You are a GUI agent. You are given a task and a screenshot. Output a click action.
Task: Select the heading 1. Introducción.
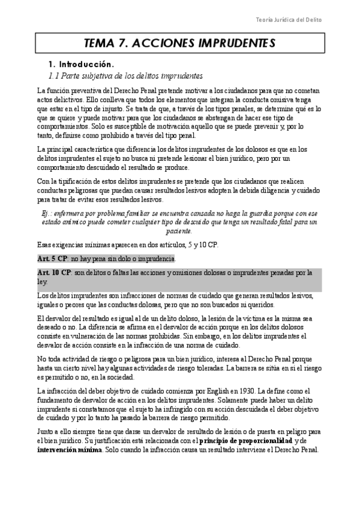pos(81,64)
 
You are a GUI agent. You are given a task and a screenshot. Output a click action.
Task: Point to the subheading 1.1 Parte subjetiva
pos(125,76)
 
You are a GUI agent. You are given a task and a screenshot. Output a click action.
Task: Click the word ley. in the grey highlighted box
pos(41,281)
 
